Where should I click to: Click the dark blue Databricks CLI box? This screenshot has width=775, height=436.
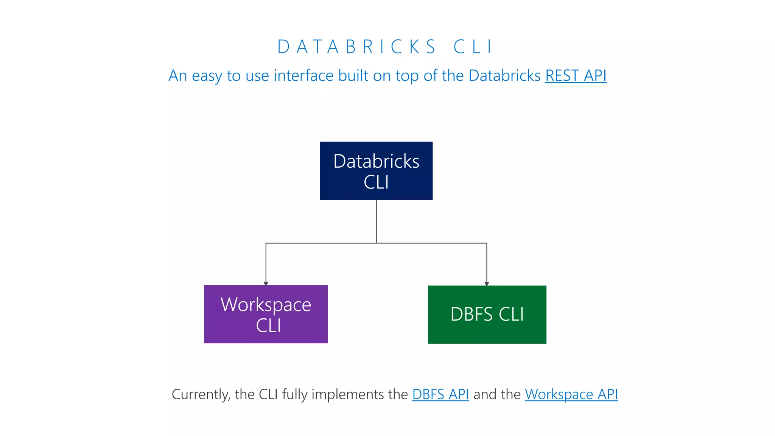pyautogui.click(x=376, y=171)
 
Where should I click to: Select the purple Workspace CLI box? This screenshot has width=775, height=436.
pyautogui.click(x=266, y=314)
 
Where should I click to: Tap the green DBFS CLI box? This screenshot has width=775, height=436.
pyautogui.click(x=487, y=315)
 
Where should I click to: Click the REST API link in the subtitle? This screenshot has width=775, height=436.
pyautogui.click(x=576, y=76)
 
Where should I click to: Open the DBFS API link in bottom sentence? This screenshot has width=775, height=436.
pyautogui.click(x=440, y=394)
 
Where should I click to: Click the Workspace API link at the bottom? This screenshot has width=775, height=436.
pyautogui.click(x=571, y=394)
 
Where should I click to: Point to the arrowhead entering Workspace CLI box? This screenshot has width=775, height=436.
pyautogui.click(x=266, y=283)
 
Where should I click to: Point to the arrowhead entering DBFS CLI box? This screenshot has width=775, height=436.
pyautogui.click(x=487, y=283)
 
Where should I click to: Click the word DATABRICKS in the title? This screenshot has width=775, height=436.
pyautogui.click(x=356, y=47)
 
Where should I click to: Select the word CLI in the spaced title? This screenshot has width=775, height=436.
pyautogui.click(x=473, y=47)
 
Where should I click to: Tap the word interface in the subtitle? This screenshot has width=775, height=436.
pyautogui.click(x=303, y=76)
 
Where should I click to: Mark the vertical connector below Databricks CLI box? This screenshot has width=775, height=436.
pyautogui.click(x=376, y=221)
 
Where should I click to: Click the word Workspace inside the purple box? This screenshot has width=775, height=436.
pyautogui.click(x=266, y=305)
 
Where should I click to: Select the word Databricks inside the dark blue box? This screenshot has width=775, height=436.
pyautogui.click(x=376, y=161)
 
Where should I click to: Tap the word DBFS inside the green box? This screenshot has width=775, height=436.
pyautogui.click(x=471, y=315)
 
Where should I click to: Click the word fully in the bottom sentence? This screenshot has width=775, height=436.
pyautogui.click(x=295, y=394)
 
